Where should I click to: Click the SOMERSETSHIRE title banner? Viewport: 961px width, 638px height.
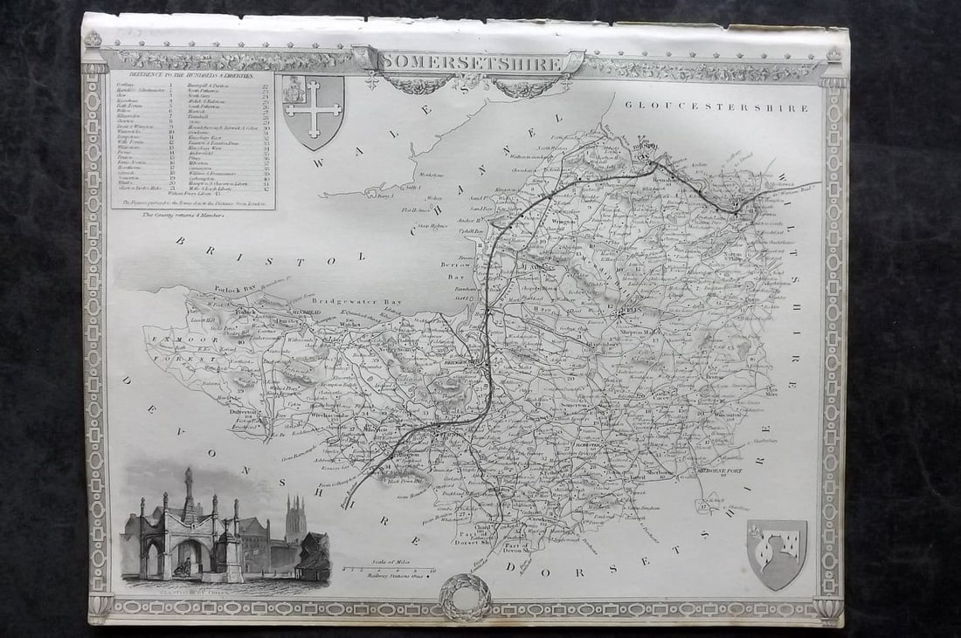point(471,62)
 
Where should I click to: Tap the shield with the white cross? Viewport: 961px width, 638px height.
point(312,110)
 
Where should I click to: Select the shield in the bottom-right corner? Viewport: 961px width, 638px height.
point(777,553)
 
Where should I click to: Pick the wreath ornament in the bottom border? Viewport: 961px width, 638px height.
point(465,596)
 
